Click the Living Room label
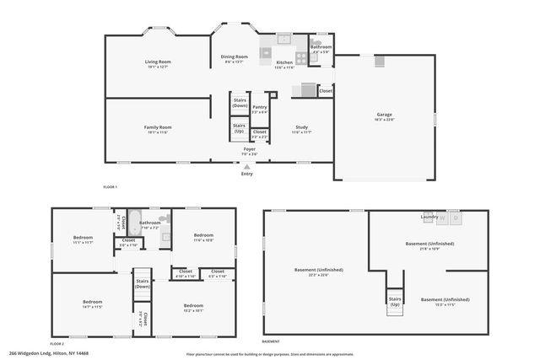point(158,62)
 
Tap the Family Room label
point(158,127)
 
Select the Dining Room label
point(235,56)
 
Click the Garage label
point(384,115)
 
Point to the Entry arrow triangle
point(246,167)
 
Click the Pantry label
point(260,107)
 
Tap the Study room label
point(301,127)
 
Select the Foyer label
point(249,149)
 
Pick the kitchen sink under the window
point(285,39)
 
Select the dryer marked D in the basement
point(456,218)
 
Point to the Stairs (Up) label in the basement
point(394,301)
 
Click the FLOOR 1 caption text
point(110,185)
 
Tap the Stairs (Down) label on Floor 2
point(142,284)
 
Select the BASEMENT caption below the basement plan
point(270,341)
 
